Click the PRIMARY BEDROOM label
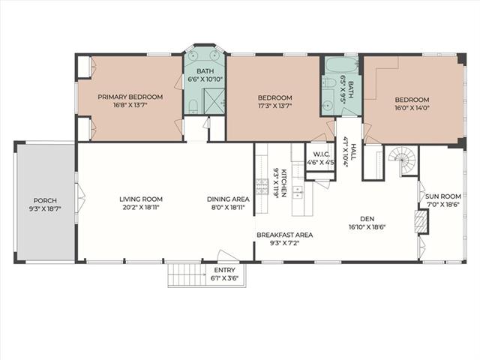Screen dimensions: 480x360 (x=130, y=97)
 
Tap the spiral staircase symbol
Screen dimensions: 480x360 (x=403, y=160)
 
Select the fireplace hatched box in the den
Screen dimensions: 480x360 (x=421, y=222)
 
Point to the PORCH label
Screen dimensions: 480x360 (x=45, y=200)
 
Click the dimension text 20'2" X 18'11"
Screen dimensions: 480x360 (x=141, y=207)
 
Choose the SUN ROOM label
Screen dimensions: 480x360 (x=443, y=196)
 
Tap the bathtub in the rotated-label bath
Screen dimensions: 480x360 (x=341, y=64)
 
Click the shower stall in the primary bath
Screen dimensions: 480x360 (x=214, y=100)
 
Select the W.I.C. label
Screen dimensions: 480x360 (x=321, y=154)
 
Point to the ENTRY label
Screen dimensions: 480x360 (x=224, y=270)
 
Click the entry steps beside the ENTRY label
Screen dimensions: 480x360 (x=187, y=274)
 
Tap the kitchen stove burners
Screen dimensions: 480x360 (x=262, y=187)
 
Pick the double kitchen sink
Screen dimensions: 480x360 (x=297, y=192)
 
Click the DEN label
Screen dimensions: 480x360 (x=367, y=218)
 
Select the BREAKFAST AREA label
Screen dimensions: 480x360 (x=285, y=235)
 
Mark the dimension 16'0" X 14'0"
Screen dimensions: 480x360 (x=412, y=108)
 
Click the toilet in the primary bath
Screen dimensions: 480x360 (x=193, y=106)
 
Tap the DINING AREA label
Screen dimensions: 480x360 (x=228, y=199)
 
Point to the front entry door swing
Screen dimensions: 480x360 (x=228, y=256)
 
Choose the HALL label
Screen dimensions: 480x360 (x=354, y=151)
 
